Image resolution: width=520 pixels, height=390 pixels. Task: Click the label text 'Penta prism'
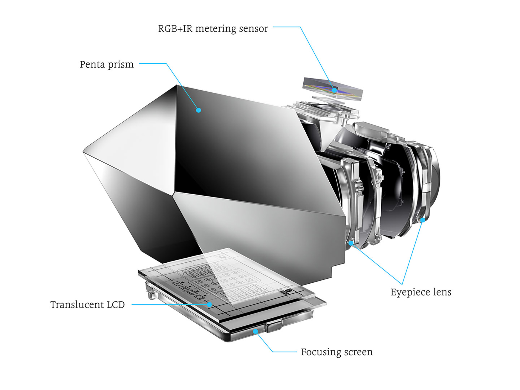[x=107, y=64]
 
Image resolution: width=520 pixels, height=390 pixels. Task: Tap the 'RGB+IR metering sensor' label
[x=213, y=29]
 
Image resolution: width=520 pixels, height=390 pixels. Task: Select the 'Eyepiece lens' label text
[x=421, y=292]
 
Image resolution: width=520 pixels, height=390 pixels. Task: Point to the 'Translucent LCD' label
[x=87, y=305]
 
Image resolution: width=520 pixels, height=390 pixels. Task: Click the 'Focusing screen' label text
[x=337, y=352]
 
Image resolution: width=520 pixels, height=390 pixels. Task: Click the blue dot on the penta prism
[x=199, y=110]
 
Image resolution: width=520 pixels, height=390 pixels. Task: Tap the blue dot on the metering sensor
[x=334, y=90]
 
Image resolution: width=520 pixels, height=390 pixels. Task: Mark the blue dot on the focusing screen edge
[x=255, y=331]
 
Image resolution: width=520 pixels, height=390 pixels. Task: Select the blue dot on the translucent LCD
[x=209, y=305]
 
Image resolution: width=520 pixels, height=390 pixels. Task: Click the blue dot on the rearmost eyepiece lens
[x=423, y=220]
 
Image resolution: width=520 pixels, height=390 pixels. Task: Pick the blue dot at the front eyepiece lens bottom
[x=351, y=243]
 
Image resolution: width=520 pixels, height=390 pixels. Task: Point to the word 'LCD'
[x=116, y=305]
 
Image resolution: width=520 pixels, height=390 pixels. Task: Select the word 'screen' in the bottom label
[x=358, y=352]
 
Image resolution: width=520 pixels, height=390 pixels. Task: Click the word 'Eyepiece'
[x=410, y=292]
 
